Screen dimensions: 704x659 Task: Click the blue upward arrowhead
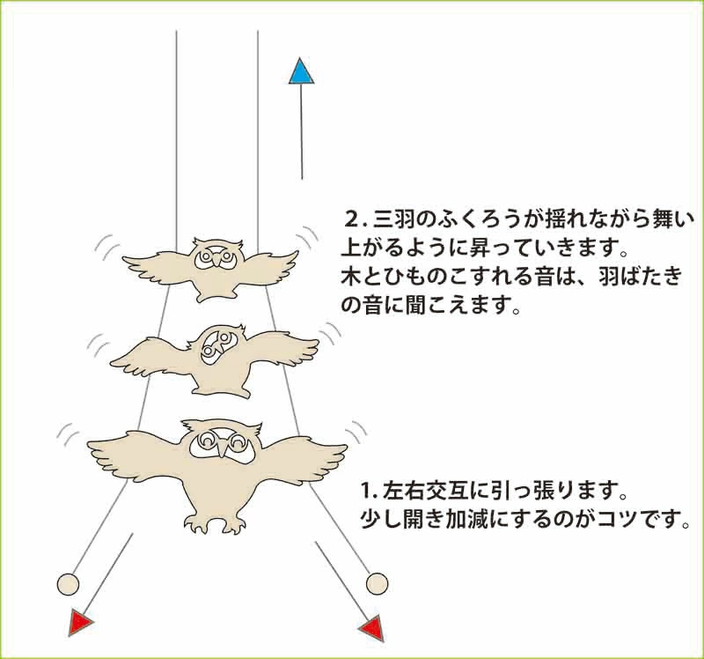(x=301, y=71)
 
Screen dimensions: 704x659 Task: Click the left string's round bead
(x=69, y=585)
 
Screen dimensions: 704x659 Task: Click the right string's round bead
(x=377, y=584)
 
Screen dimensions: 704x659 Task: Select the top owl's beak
(x=216, y=259)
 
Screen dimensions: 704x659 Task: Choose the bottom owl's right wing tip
(x=345, y=447)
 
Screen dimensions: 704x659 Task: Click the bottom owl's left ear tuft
(x=190, y=426)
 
